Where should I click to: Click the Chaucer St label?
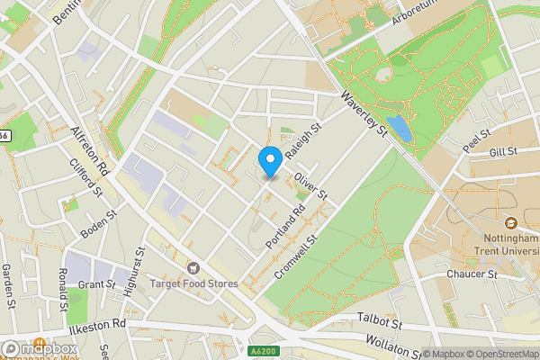coord(473,274)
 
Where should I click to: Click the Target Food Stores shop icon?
coord(192,268)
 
